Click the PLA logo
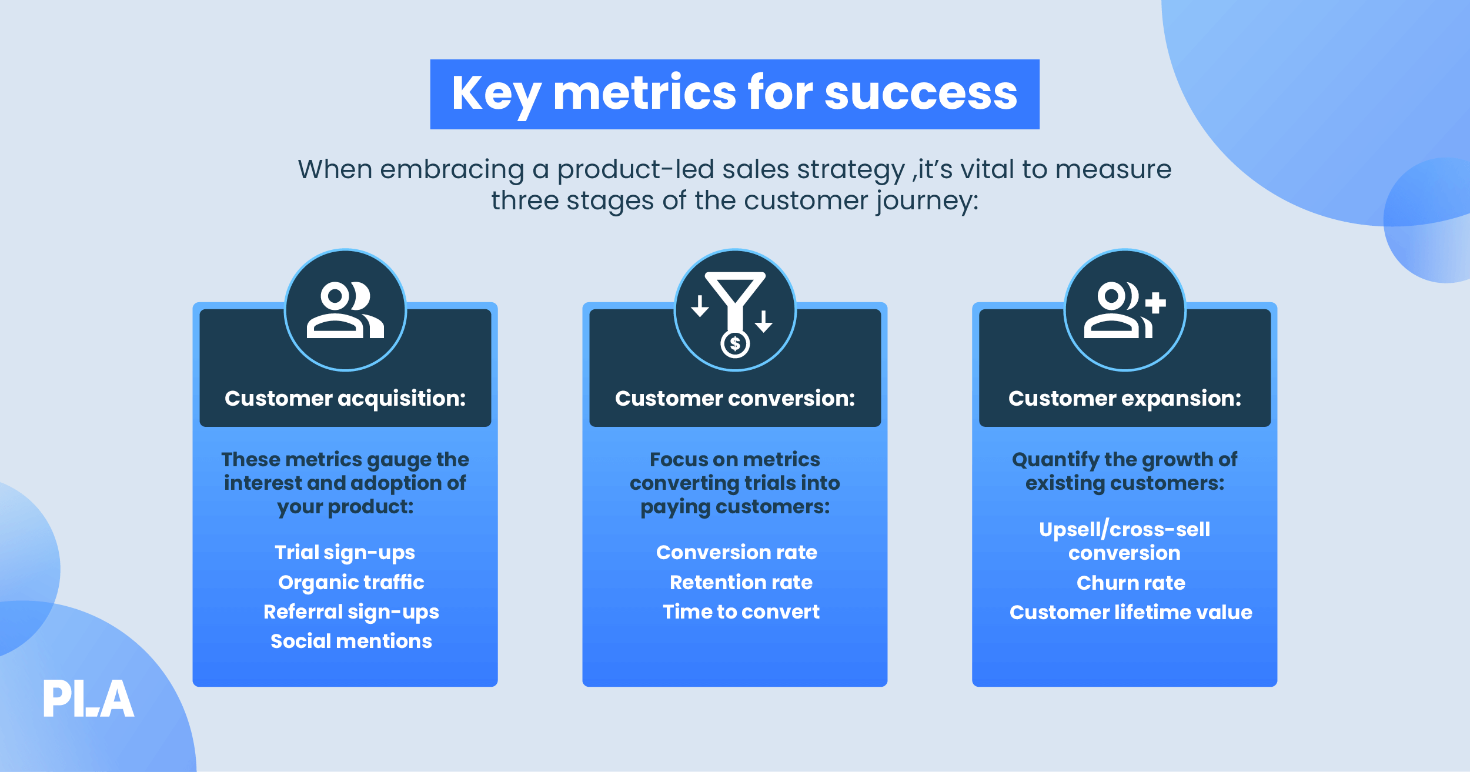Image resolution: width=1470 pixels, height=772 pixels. click(88, 699)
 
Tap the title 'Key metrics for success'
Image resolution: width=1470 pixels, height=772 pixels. click(734, 94)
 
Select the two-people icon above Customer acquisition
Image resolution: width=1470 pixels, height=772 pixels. click(345, 310)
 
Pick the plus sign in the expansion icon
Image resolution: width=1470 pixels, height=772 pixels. click(1155, 303)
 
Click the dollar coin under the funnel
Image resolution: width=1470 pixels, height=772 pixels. click(735, 344)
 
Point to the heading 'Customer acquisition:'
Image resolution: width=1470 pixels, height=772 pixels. click(345, 399)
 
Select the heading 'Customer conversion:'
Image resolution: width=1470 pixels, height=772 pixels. click(735, 399)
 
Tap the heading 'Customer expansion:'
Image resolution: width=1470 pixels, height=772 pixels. click(1124, 399)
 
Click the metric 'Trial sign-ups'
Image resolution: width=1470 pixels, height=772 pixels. click(345, 553)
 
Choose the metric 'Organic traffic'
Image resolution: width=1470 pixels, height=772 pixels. click(351, 582)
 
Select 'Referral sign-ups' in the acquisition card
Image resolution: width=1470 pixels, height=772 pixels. click(351, 612)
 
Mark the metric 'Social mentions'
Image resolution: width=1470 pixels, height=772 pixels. click(351, 641)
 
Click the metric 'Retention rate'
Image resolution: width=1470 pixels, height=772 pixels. click(741, 582)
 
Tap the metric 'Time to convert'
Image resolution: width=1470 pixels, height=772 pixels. click(741, 612)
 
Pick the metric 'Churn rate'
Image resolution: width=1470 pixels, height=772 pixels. click(1130, 583)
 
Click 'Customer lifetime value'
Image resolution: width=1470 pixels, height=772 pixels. click(1130, 613)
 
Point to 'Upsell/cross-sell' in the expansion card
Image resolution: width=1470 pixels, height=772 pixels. click(1124, 530)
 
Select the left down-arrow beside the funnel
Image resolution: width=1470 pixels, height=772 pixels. click(700, 306)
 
